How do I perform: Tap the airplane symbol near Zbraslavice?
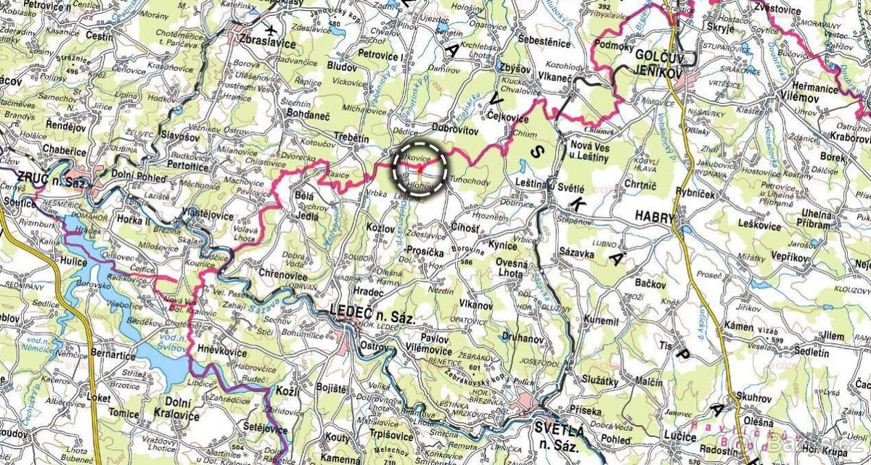271,30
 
